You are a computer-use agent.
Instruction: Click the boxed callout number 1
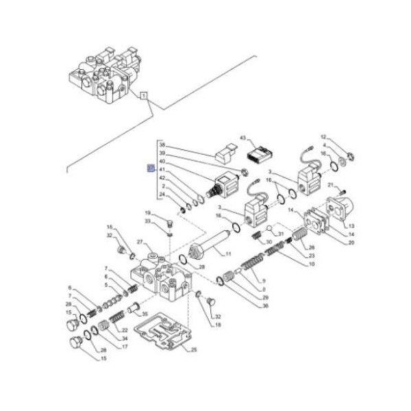pyautogui.click(x=144, y=96)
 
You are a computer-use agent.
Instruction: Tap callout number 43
pyautogui.click(x=242, y=139)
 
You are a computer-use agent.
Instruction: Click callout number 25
pyautogui.click(x=194, y=349)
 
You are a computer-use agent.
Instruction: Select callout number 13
pyautogui.click(x=351, y=225)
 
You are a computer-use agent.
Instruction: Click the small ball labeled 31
pyautogui.click(x=271, y=228)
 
